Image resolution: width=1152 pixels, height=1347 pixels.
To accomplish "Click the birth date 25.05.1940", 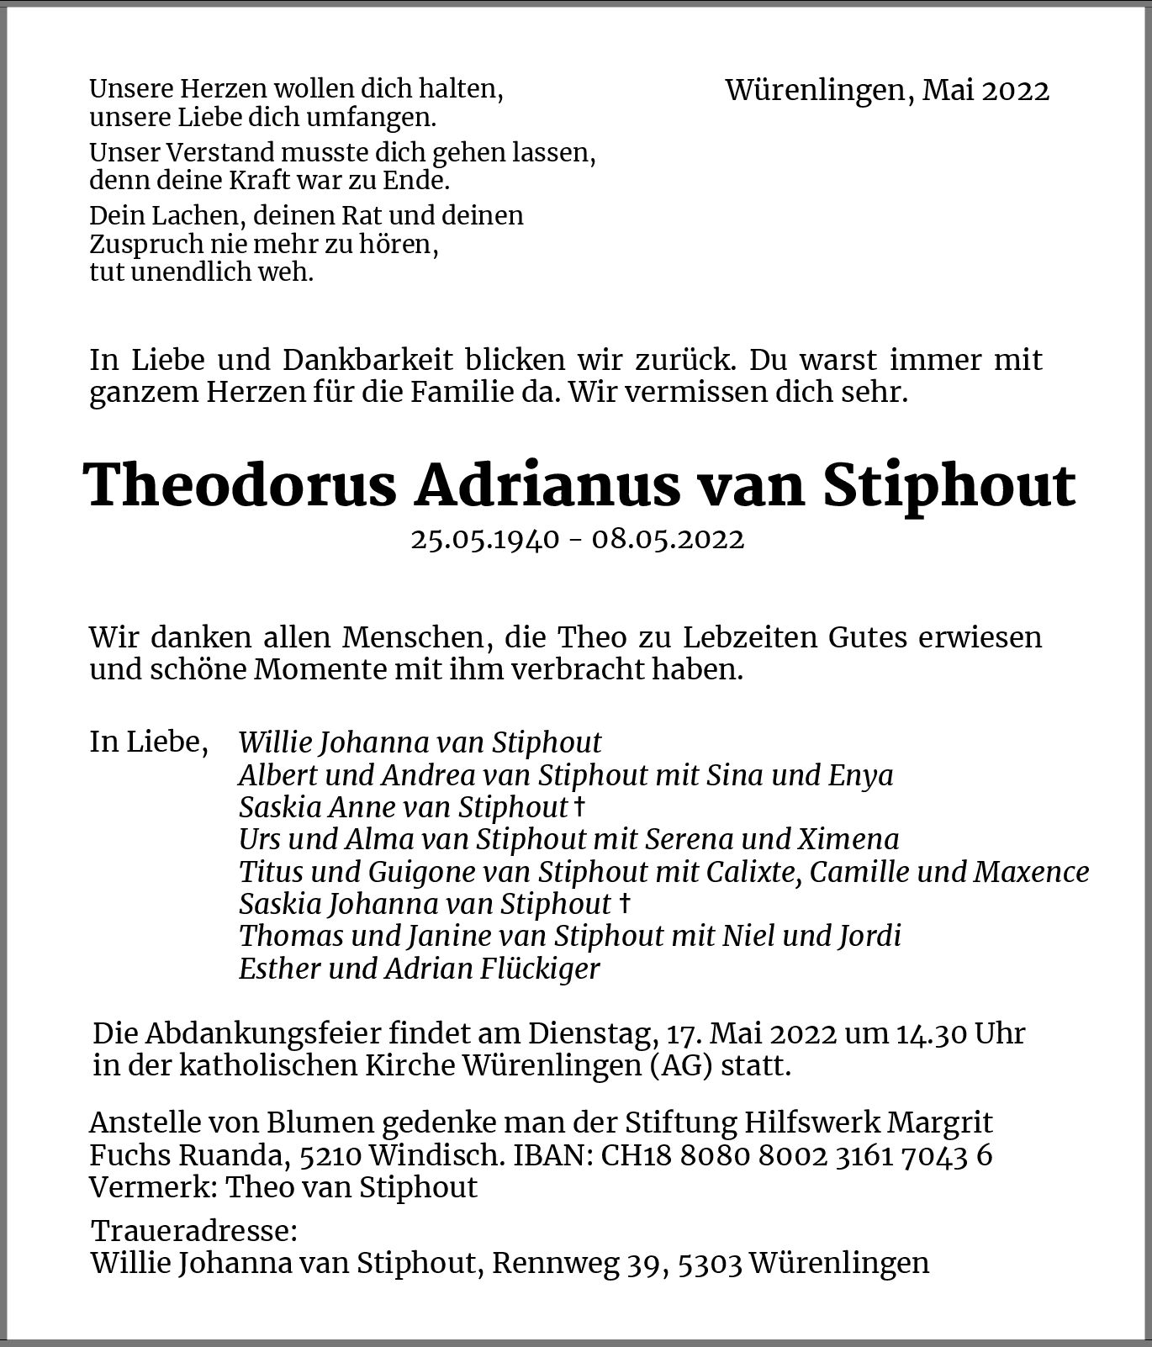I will pos(484,539).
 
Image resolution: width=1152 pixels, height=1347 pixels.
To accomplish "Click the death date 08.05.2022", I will pos(668,539).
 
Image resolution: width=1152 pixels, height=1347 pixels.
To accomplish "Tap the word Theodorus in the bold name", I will pos(240,486).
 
